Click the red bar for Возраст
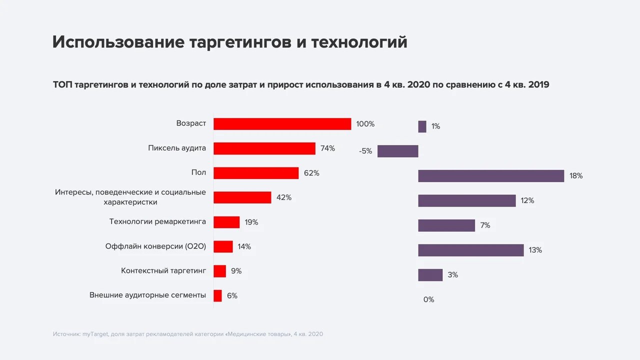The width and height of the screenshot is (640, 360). [x=282, y=124]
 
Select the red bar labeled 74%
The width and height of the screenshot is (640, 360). [x=264, y=148]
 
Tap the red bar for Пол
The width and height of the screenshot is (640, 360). [x=256, y=173]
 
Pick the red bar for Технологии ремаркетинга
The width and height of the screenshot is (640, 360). [x=226, y=222]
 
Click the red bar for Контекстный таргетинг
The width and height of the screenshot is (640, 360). [x=219, y=271]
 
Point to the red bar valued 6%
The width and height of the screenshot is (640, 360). [x=217, y=295]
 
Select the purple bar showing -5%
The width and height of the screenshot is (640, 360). [x=397, y=151]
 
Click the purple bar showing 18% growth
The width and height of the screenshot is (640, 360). [x=491, y=176]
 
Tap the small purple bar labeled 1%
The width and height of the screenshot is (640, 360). [x=422, y=126]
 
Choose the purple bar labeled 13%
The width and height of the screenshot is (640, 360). [x=471, y=250]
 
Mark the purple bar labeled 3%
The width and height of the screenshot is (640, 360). [x=430, y=275]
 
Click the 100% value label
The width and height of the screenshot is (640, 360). [x=365, y=124]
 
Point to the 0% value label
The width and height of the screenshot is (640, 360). [x=428, y=299]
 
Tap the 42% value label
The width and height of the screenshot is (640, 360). [x=283, y=197]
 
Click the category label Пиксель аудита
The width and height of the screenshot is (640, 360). [x=177, y=148]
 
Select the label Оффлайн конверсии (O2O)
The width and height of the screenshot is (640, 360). [x=155, y=246]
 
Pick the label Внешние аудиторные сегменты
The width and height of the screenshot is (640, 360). [x=147, y=295]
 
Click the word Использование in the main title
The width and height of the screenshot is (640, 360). [x=118, y=42]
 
